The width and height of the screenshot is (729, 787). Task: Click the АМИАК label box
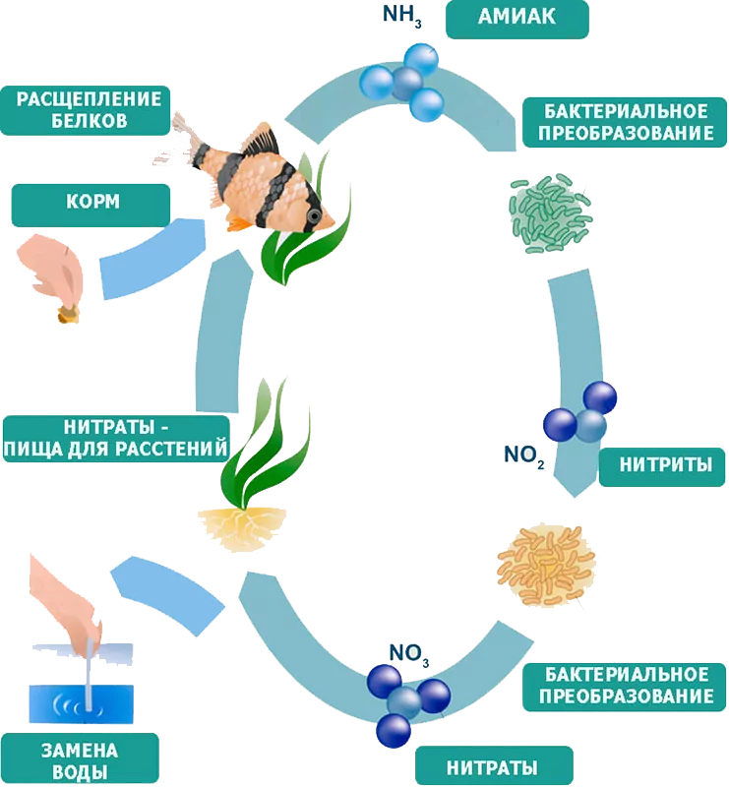point(516,19)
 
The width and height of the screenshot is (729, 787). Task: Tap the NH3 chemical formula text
point(401,16)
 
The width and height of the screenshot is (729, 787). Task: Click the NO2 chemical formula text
point(523,454)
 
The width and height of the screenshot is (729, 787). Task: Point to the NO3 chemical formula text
point(409,653)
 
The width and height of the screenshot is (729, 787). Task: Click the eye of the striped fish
point(314,214)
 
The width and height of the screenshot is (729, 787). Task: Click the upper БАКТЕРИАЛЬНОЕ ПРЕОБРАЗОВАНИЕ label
point(617,122)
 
